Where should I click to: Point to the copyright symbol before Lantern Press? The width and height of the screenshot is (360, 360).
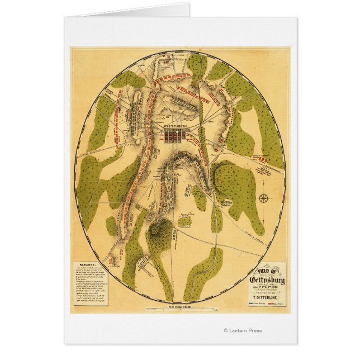[225, 330]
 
